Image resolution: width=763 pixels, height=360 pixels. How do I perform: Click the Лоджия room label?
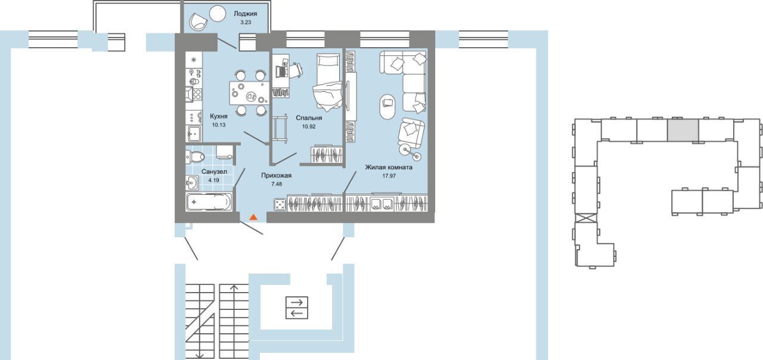245,14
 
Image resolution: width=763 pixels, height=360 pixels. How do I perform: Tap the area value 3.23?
245,23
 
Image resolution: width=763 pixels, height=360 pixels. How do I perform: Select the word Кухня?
219,116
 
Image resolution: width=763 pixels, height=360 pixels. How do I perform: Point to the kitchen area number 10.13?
219,125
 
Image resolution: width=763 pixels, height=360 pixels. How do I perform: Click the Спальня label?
309,118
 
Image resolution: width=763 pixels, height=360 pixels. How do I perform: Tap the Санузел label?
214,172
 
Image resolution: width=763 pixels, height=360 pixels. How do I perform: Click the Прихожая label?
276,175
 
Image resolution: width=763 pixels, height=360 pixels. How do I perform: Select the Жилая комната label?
389,167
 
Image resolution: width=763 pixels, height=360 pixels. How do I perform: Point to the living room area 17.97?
389,176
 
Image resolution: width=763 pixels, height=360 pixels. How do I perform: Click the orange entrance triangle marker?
253,218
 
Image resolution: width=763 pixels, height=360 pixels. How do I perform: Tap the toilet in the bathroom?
195,157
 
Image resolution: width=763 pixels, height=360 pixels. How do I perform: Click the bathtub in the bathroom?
209,201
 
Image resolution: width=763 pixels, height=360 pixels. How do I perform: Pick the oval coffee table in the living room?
387,106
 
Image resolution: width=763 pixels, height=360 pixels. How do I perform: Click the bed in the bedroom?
328,82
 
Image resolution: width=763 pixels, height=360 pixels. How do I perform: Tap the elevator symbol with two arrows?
297,308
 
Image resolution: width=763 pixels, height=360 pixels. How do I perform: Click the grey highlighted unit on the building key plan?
683,130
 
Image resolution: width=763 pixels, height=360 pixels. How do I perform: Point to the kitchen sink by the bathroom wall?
194,134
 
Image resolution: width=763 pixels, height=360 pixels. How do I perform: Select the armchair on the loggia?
198,21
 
